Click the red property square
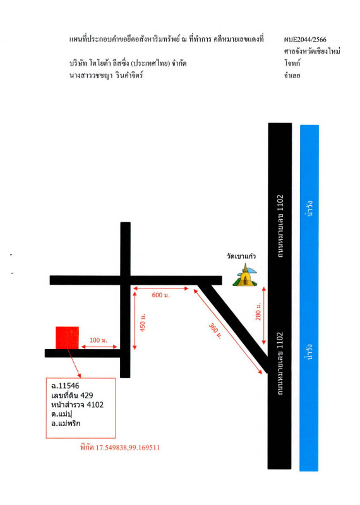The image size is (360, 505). coord(68,338)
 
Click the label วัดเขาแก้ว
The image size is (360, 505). coord(241,256)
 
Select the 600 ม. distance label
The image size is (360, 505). coord(161,295)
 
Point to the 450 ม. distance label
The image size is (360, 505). coord(143,322)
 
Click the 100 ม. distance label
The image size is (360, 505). coord(99,340)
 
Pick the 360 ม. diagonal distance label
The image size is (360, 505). coord(215,331)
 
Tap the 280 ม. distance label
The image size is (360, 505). coord(258,311)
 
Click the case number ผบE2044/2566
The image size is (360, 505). coord(305,40)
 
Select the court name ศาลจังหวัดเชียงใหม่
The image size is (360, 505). coord(312,51)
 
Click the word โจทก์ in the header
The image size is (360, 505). coord(292,63)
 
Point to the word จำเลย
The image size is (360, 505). coord(292,75)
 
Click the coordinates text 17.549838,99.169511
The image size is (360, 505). coord(128,448)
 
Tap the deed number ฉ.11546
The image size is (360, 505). coord(65,386)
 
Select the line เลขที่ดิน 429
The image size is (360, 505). coord(72,395)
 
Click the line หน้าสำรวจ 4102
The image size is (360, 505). coord(77,405)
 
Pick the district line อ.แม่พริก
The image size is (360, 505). coord(66,423)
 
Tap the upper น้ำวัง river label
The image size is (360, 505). coord(309,208)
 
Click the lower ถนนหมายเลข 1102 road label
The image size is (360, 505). coord(280,364)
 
